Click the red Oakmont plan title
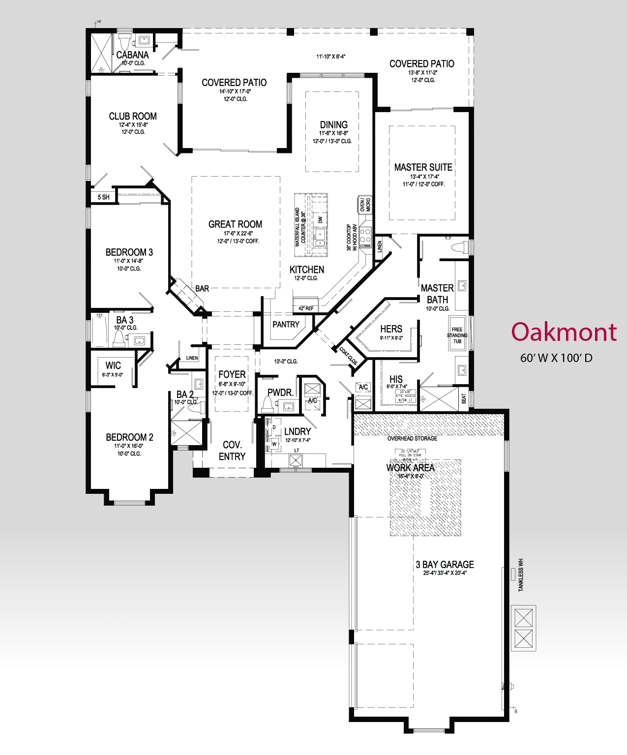pyautogui.click(x=564, y=332)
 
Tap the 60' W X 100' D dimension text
pyautogui.click(x=556, y=358)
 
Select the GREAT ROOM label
pyautogui.click(x=235, y=224)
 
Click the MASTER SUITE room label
pyautogui.click(x=423, y=167)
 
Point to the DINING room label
pyautogui.click(x=333, y=125)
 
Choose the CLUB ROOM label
pyautogui.click(x=133, y=117)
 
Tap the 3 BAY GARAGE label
pyautogui.click(x=445, y=565)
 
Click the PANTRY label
pyautogui.click(x=286, y=325)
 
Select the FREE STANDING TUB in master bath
pyautogui.click(x=457, y=335)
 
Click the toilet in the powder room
pyautogui.click(x=268, y=404)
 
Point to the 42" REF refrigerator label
pyautogui.click(x=306, y=308)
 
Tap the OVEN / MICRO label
pyautogui.click(x=365, y=205)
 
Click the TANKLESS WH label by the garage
pyautogui.click(x=521, y=575)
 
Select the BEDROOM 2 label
pyautogui.click(x=129, y=437)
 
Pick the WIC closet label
pyautogui.click(x=113, y=365)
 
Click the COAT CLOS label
pyautogui.click(x=349, y=356)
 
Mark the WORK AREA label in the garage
pyautogui.click(x=410, y=468)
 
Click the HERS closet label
pyautogui.click(x=391, y=329)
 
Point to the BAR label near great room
pyautogui.click(x=202, y=289)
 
